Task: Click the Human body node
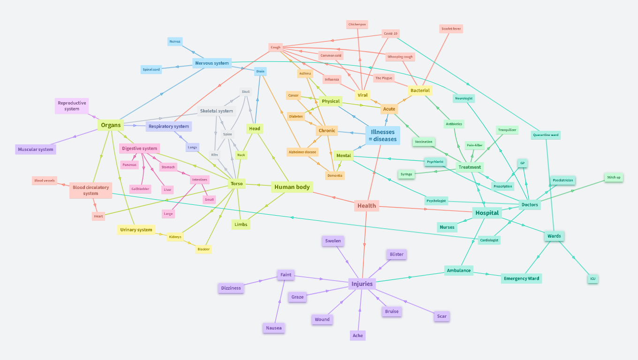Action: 292,187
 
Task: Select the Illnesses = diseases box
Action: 382,135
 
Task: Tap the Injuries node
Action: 362,284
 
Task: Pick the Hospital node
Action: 487,213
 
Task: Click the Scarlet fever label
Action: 451,29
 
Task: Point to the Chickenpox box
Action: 357,24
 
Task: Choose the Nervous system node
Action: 212,63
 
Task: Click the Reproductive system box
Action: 72,106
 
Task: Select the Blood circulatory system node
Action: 91,190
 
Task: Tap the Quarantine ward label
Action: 546,135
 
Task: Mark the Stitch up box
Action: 614,177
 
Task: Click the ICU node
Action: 593,279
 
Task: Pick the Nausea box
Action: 274,328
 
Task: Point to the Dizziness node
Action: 231,288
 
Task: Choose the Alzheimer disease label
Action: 303,152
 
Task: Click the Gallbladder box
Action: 140,188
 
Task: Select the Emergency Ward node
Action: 521,278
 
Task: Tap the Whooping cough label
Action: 400,57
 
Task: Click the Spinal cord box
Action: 151,69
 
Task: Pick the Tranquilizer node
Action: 507,130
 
